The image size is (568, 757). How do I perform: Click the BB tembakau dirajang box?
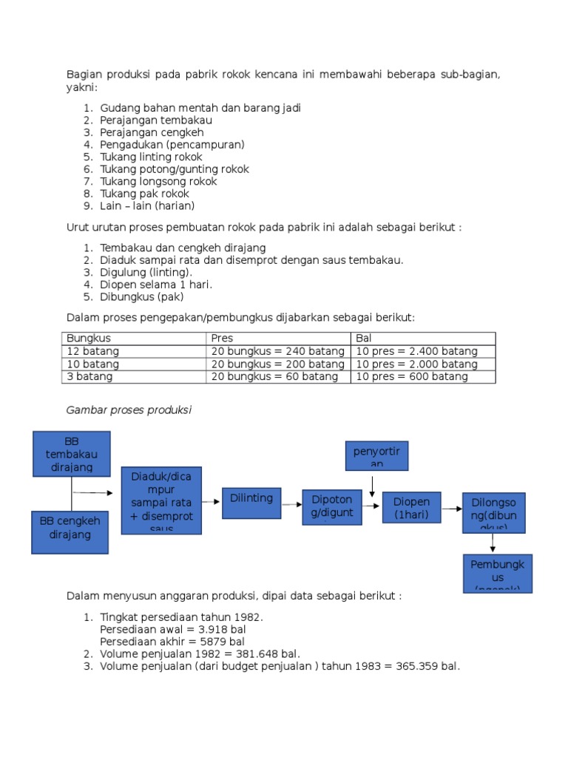point(71,454)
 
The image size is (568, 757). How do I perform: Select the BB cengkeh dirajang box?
point(70,532)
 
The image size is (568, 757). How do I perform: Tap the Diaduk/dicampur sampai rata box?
point(161,500)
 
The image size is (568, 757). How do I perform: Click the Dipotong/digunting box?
point(332,506)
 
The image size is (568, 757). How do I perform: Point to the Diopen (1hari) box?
point(411,507)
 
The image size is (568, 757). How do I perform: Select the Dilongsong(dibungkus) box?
point(494,512)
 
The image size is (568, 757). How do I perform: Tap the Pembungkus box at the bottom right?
point(497,573)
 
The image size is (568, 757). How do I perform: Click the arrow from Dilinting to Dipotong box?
point(293,502)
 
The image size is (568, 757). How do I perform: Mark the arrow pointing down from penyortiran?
point(372,484)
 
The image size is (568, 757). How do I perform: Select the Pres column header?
point(223,339)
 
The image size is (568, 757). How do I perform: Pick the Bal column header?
point(364,339)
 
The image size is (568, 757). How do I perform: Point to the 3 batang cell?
point(90,376)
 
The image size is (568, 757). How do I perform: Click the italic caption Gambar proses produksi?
point(129,410)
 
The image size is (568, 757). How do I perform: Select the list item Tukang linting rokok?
point(151,157)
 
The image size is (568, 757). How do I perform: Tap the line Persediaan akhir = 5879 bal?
point(172,642)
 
